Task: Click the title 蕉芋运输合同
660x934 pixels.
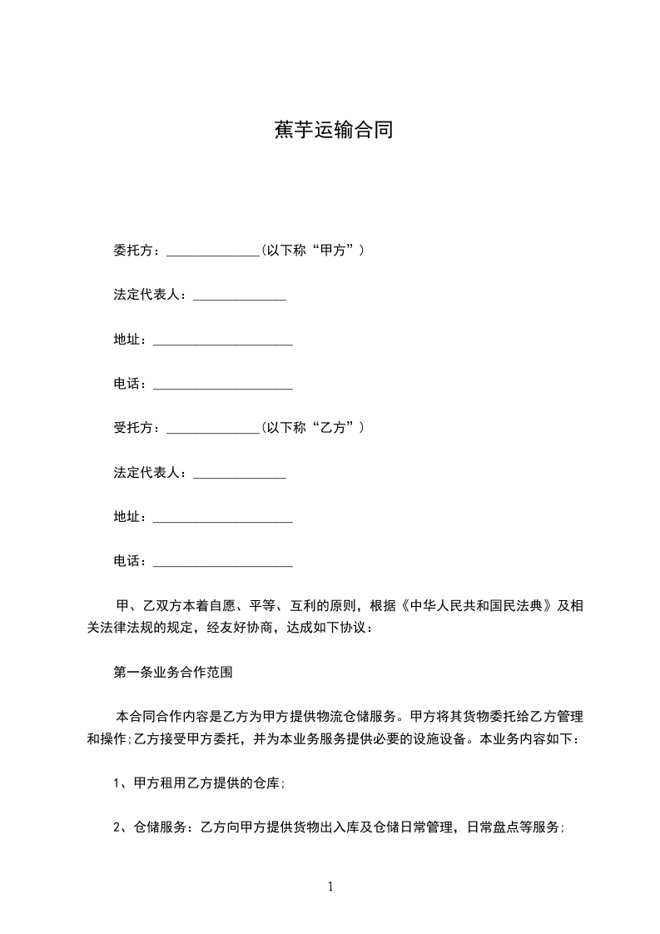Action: (333, 130)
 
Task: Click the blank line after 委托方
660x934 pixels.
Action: (214, 251)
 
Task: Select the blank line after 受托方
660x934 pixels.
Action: (214, 429)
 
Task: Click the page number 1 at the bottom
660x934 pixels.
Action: (330, 887)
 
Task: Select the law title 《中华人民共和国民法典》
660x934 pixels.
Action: (478, 606)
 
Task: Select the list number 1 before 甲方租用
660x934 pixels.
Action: (117, 782)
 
